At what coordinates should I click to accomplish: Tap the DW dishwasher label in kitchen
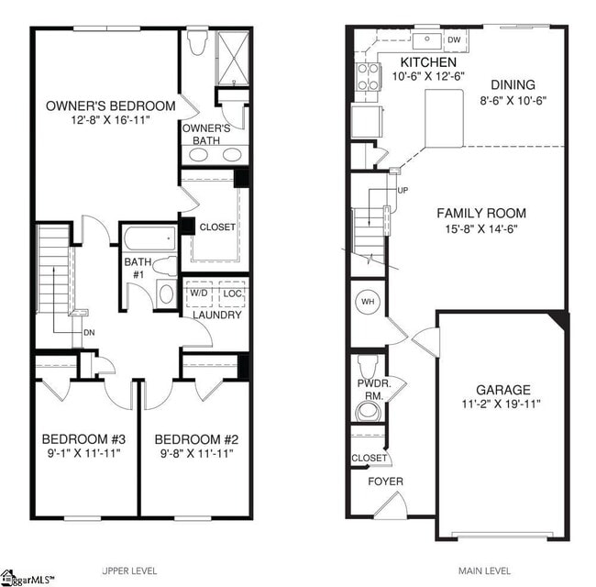tap(454, 40)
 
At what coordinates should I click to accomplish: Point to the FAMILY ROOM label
tap(480, 213)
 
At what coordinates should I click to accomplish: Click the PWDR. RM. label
tap(370, 389)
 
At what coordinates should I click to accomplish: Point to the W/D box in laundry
tap(199, 293)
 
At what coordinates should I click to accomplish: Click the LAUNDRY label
tap(217, 315)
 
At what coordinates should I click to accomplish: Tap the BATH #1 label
tap(137, 267)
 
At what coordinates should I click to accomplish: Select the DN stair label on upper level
tap(89, 332)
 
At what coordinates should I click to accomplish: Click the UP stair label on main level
tap(403, 191)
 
